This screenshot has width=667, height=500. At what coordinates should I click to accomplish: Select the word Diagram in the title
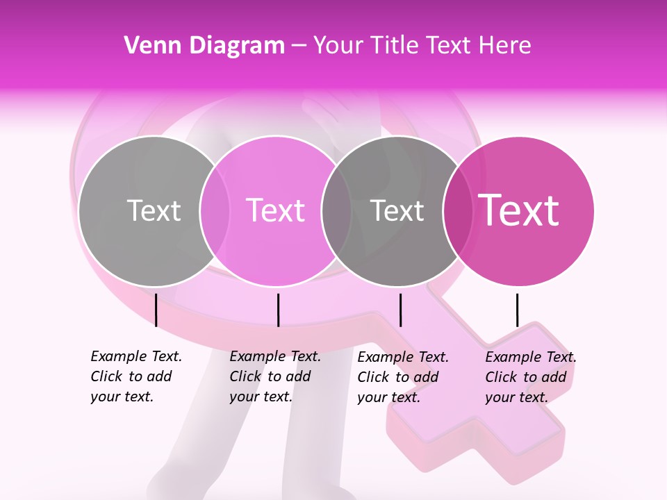[x=237, y=46]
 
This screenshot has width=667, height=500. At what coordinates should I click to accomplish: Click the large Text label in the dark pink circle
[x=518, y=210]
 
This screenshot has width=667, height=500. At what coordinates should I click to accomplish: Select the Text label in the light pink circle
[x=276, y=210]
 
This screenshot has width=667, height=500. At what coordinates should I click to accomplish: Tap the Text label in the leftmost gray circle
[x=154, y=210]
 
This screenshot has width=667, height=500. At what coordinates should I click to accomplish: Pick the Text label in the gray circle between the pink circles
[x=397, y=210]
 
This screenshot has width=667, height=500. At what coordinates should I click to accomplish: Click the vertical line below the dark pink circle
[x=517, y=310]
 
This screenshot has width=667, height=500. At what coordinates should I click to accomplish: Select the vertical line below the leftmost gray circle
[x=156, y=310]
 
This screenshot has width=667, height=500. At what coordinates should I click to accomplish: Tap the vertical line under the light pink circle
[x=278, y=310]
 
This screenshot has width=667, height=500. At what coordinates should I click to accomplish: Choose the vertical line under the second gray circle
[x=400, y=310]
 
